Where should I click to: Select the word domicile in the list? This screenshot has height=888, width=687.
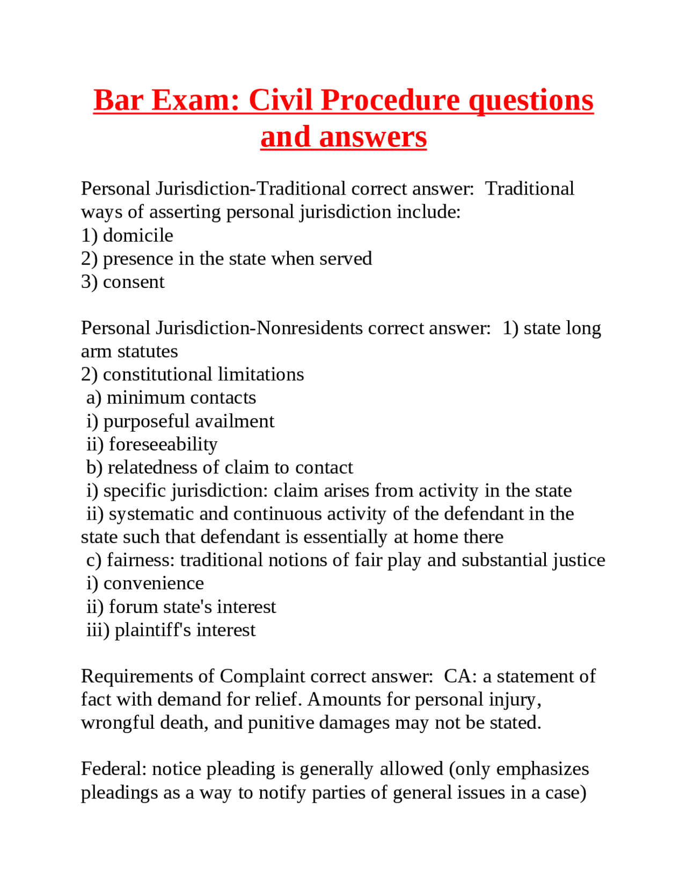(138, 235)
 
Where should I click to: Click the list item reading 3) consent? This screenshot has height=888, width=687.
(123, 282)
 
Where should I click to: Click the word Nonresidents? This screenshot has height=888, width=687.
(310, 328)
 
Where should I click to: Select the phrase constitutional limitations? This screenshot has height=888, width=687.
(203, 374)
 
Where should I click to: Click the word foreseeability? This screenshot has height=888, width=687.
(163, 444)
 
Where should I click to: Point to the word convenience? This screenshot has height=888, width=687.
(154, 583)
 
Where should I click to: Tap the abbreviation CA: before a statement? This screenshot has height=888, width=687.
(460, 676)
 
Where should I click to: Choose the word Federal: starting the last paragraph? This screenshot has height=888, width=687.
(114, 769)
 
